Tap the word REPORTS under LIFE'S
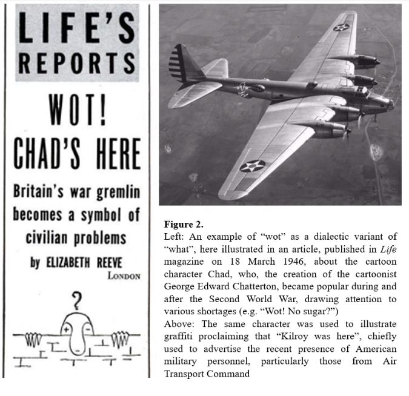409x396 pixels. click(x=75, y=62)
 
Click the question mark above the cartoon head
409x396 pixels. click(x=77, y=299)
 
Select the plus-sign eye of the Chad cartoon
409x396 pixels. click(x=66, y=329)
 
